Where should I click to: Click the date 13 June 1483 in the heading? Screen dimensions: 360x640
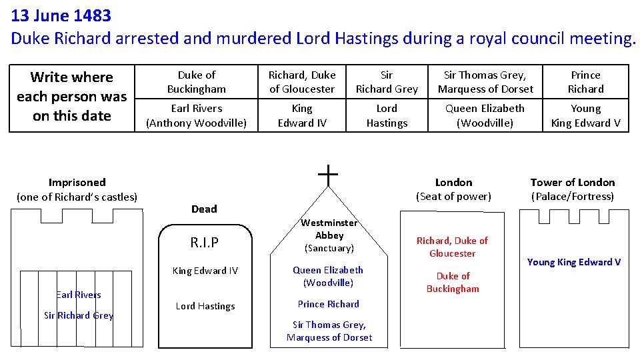pyautogui.click(x=61, y=14)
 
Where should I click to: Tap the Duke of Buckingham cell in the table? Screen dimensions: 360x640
pyautogui.click(x=197, y=82)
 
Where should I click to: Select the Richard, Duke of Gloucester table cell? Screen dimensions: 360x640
pyautogui.click(x=302, y=82)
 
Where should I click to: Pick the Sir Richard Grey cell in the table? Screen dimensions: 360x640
pyautogui.click(x=387, y=82)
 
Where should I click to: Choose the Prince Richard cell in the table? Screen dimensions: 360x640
pyautogui.click(x=585, y=82)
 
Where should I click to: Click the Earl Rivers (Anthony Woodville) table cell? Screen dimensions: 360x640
pyautogui.click(x=197, y=115)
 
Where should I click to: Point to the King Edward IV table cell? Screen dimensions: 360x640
pyautogui.click(x=302, y=115)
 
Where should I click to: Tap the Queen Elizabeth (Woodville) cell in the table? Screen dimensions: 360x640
pyautogui.click(x=485, y=115)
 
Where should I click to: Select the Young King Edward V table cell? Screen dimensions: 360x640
pyautogui.click(x=585, y=115)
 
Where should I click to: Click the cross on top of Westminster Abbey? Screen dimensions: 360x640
pyautogui.click(x=328, y=175)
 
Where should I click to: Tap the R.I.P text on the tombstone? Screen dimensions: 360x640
pyautogui.click(x=205, y=243)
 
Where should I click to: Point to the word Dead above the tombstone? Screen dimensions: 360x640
pyautogui.click(x=204, y=209)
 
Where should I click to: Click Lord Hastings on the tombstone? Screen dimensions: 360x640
pyautogui.click(x=205, y=306)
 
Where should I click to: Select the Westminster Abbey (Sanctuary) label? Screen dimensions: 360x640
pyautogui.click(x=329, y=235)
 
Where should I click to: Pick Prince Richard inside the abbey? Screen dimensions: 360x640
pyautogui.click(x=329, y=304)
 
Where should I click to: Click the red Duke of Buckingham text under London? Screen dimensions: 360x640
pyautogui.click(x=453, y=282)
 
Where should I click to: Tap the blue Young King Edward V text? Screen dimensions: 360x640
pyautogui.click(x=574, y=262)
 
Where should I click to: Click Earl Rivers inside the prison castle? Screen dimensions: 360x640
pyautogui.click(x=79, y=295)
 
